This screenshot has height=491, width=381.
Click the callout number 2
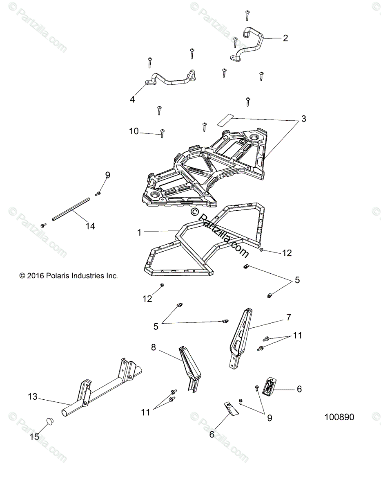click(285, 38)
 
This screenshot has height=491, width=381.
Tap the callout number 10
click(134, 131)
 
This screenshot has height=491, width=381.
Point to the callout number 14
click(90, 226)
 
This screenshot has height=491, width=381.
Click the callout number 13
click(33, 396)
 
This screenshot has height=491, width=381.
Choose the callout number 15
click(34, 437)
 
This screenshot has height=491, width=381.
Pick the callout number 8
click(153, 347)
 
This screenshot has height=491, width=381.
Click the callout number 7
click(288, 317)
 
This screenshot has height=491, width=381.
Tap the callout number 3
click(303, 119)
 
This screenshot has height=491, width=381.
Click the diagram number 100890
click(339, 417)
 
